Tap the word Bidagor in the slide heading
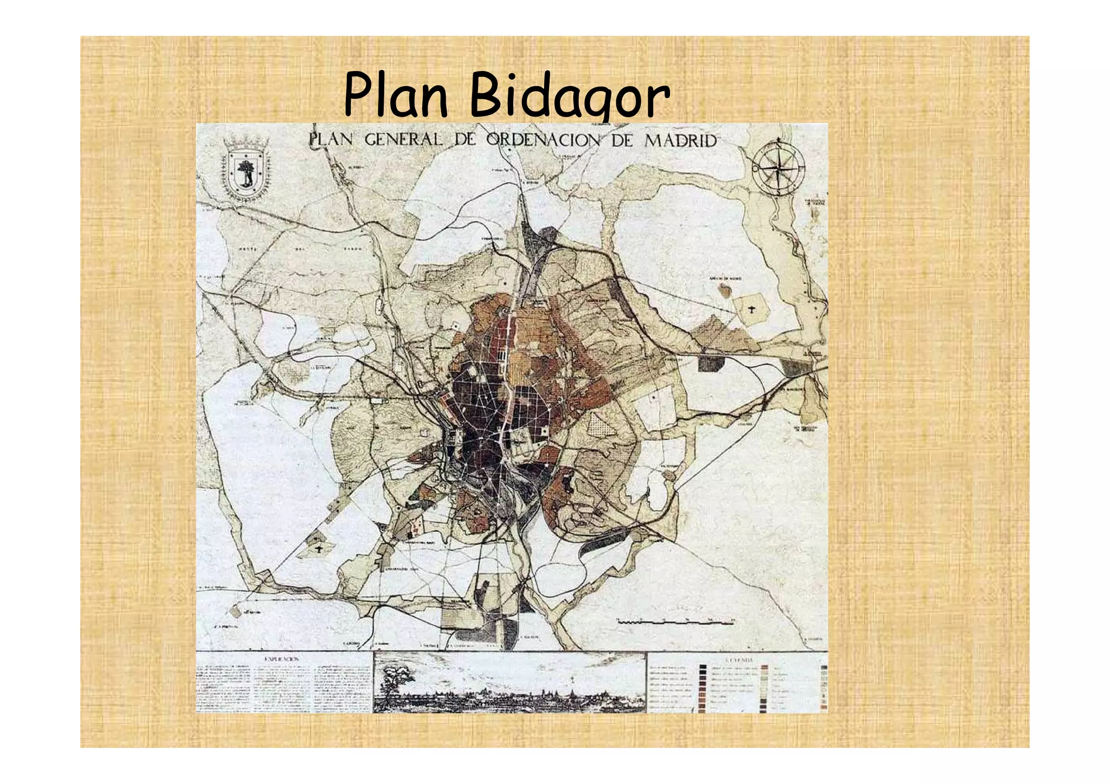(x=569, y=98)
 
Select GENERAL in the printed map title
(x=404, y=140)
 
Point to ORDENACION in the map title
(x=543, y=140)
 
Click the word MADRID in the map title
(x=680, y=141)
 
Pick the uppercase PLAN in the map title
(x=331, y=139)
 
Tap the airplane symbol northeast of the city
(x=753, y=310)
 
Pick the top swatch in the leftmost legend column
(x=703, y=669)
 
